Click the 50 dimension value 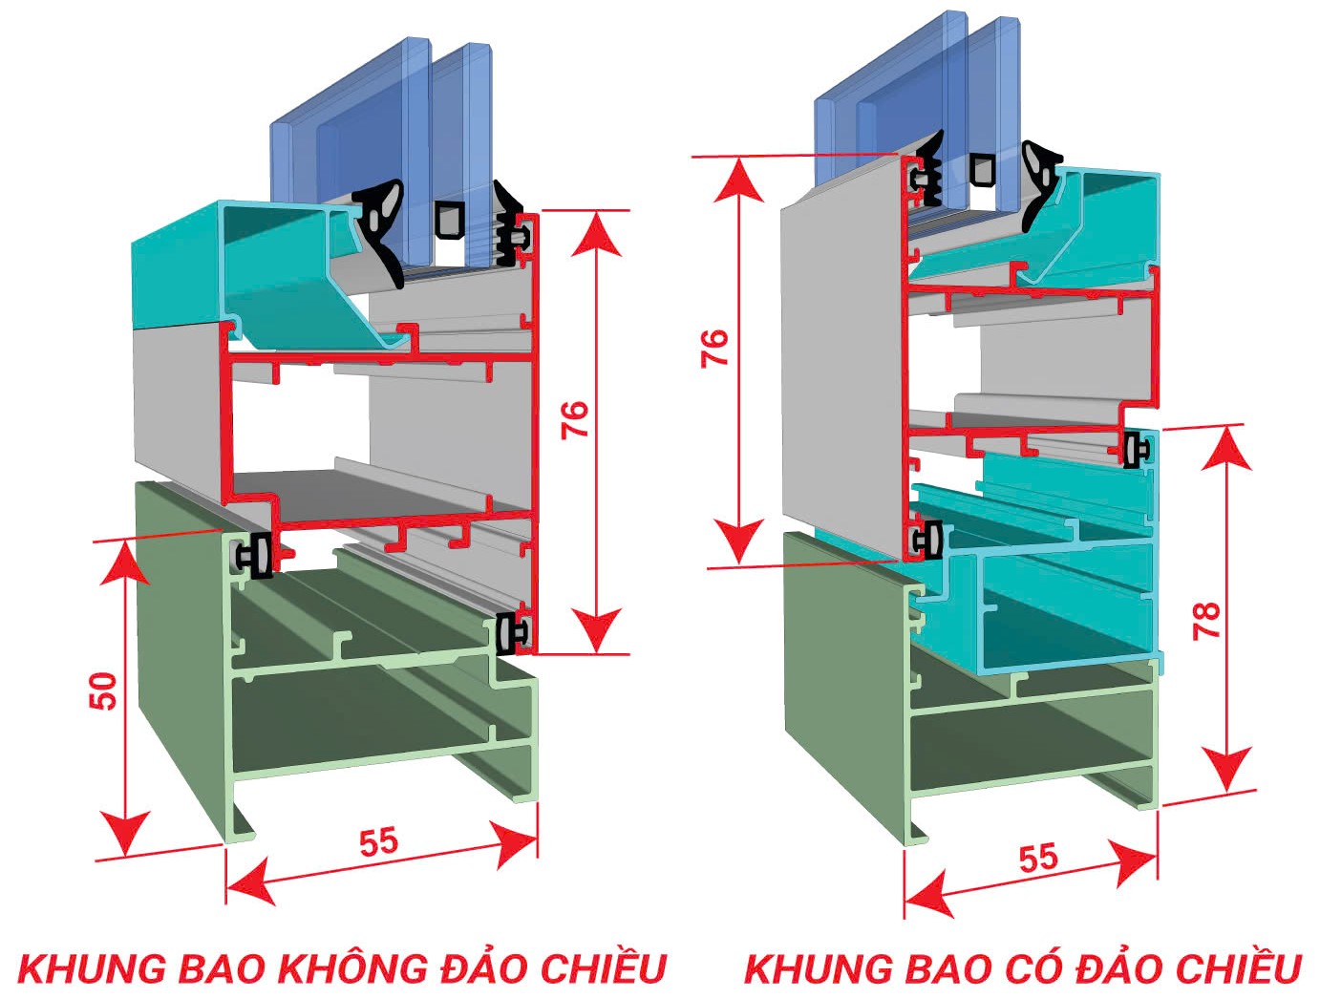coord(104,690)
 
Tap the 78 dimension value coord(1207,621)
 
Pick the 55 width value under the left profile coord(378,841)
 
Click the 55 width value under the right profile coord(1038,857)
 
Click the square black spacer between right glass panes coord(983,169)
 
